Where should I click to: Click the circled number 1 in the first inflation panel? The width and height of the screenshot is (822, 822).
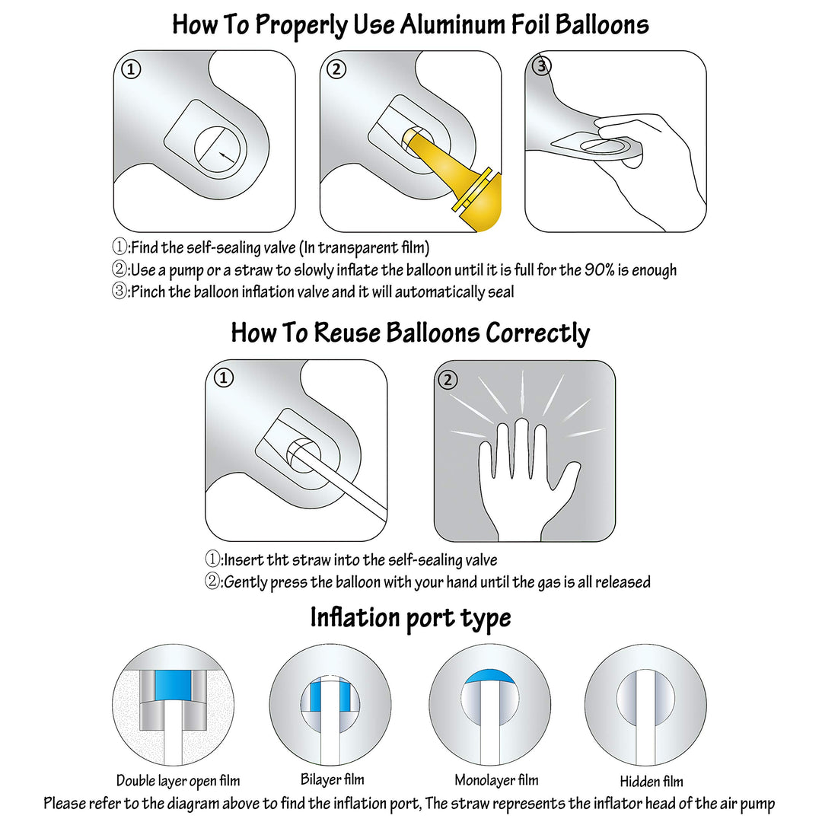point(131,69)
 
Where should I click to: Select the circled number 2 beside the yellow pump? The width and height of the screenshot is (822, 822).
point(336,69)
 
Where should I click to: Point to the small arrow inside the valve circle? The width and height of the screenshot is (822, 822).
point(227,156)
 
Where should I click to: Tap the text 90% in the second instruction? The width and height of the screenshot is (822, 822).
point(599,270)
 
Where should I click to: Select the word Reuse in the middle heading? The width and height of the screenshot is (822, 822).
point(347,333)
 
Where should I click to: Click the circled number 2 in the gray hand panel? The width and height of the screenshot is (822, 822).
point(448,380)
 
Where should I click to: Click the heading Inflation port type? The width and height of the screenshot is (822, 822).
point(410,617)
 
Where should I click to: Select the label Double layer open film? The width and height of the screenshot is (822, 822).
point(178,781)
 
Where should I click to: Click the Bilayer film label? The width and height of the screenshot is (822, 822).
point(333,779)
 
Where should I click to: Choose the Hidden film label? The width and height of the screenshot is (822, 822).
point(652,782)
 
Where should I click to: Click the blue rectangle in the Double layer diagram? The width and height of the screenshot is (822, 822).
point(173,685)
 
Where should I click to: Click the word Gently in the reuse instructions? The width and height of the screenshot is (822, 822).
point(245,582)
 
